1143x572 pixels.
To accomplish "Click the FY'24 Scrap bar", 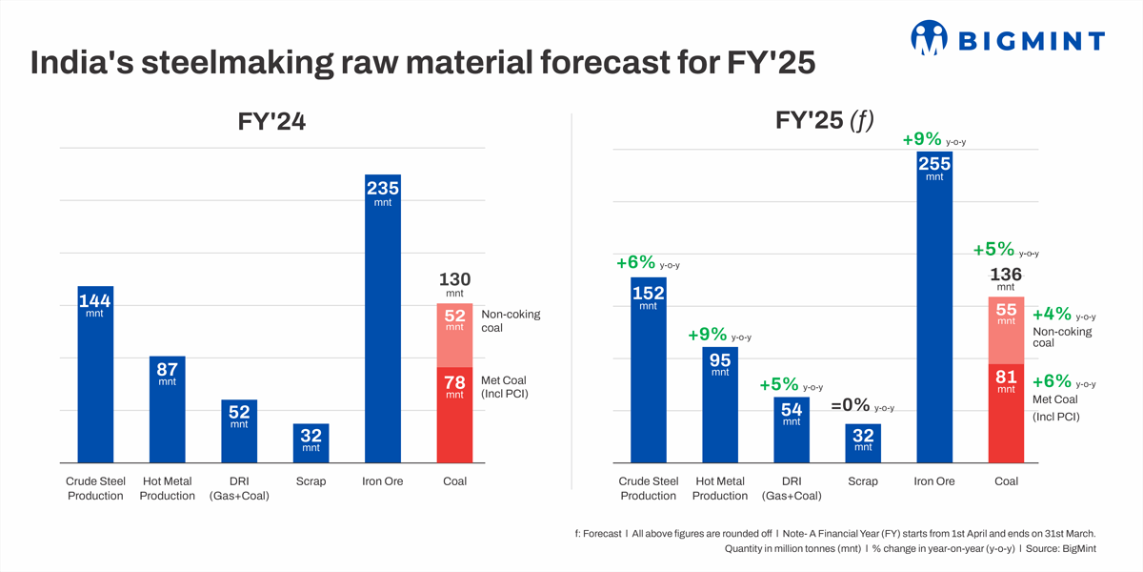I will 311,443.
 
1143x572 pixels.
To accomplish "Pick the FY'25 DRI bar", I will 792,430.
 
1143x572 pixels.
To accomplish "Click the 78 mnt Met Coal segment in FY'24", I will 454,415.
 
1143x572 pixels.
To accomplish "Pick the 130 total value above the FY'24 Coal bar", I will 454,280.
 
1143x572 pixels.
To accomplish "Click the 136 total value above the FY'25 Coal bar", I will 1006,275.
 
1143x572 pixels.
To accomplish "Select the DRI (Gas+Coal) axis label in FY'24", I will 239,488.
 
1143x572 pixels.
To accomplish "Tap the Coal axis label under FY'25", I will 1006,481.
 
